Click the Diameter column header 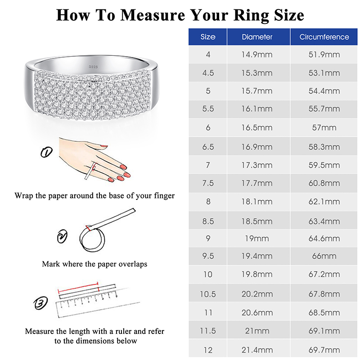click(x=257, y=37)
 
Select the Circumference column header click(x=324, y=37)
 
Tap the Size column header click(x=208, y=37)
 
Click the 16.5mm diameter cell click(x=257, y=127)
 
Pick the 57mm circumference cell click(x=324, y=127)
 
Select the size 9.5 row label click(x=208, y=256)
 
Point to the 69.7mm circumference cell click(x=324, y=350)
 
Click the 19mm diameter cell click(x=257, y=238)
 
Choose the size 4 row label click(x=208, y=54)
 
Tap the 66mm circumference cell click(x=324, y=256)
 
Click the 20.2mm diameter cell click(x=257, y=294)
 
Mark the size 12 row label click(x=208, y=350)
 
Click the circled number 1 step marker click(x=46, y=153)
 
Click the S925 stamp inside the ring click(x=93, y=66)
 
